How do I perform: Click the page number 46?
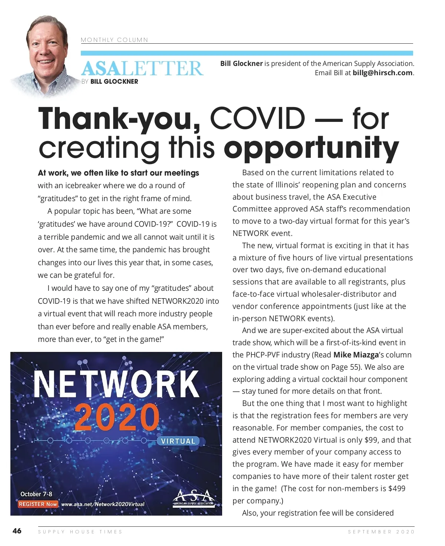click(x=17, y=531)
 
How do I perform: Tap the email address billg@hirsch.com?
click(x=382, y=73)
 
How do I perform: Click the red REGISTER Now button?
click(x=38, y=504)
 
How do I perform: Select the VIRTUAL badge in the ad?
click(x=178, y=441)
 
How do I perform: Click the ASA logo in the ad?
click(x=193, y=497)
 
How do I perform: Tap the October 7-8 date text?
click(x=36, y=494)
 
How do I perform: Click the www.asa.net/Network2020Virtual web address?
click(x=103, y=504)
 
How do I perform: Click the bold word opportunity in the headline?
click(x=311, y=148)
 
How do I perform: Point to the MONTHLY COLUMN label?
click(x=114, y=40)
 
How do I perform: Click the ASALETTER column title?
click(x=142, y=69)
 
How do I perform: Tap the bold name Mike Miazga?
click(x=356, y=355)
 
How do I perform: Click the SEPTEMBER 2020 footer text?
click(x=381, y=532)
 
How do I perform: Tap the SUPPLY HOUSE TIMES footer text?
click(x=80, y=532)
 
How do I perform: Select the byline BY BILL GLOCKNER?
click(x=110, y=81)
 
